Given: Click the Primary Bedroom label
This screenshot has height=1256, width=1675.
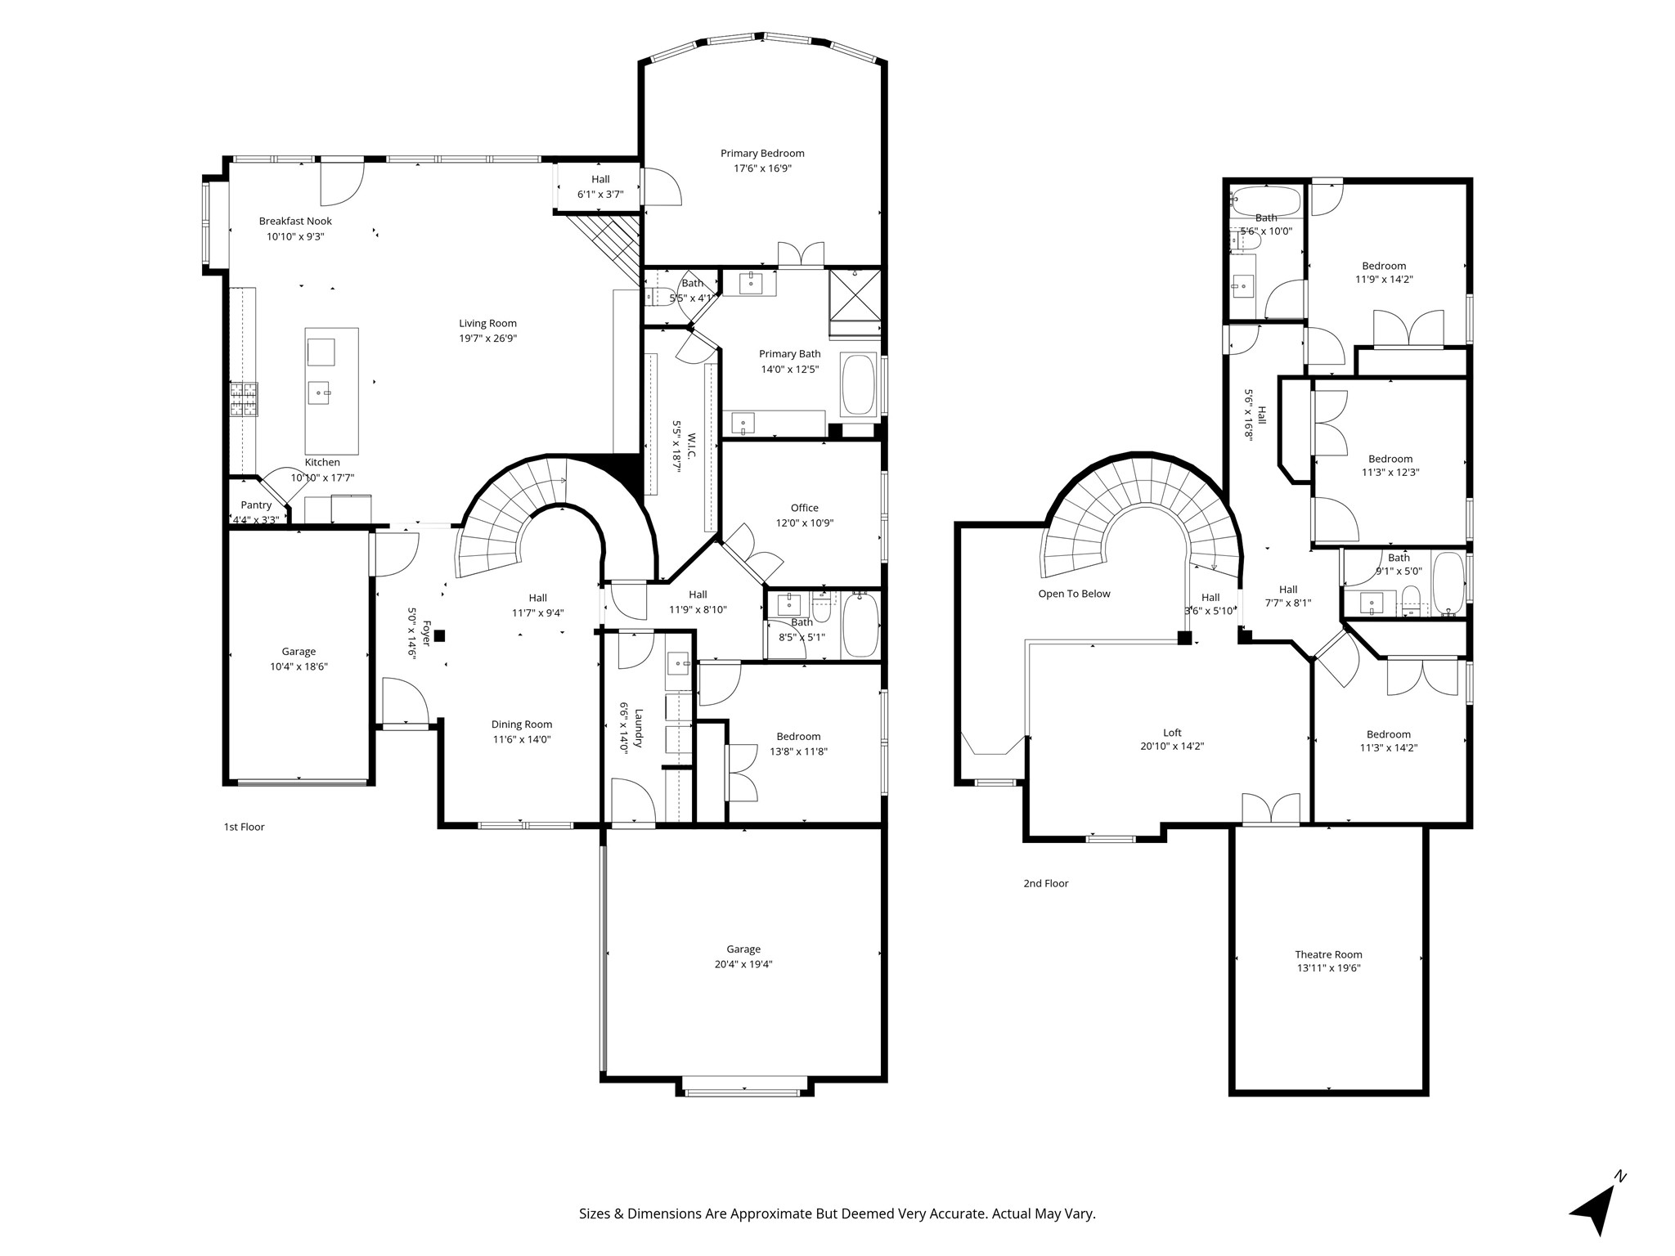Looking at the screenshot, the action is (762, 153).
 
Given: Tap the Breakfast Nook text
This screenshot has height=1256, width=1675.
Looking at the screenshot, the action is (295, 221).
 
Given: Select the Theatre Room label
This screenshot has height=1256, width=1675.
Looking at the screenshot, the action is (1328, 954).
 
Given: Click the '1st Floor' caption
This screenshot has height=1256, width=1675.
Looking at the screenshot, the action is (245, 827).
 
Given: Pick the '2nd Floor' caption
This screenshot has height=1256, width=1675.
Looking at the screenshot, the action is (1046, 883).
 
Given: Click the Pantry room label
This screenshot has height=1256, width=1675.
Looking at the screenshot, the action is (256, 505).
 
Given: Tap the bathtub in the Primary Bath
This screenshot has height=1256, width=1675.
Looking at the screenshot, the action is (859, 384).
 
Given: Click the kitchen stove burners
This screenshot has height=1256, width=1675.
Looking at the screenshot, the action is (244, 400).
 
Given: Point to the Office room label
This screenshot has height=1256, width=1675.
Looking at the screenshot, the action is (805, 508).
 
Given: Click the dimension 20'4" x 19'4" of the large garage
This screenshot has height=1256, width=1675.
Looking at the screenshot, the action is (743, 964).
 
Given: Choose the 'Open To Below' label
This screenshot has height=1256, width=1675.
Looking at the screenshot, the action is (1074, 594).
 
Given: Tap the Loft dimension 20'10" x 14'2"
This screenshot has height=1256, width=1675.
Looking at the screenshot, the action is (1172, 746).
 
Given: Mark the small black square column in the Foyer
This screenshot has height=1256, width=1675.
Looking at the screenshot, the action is (439, 635).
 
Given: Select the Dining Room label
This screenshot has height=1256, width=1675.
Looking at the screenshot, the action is (522, 724).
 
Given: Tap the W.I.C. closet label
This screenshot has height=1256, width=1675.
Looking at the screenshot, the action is (691, 446).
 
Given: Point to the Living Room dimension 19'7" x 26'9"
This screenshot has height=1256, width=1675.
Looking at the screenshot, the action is (487, 338).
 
